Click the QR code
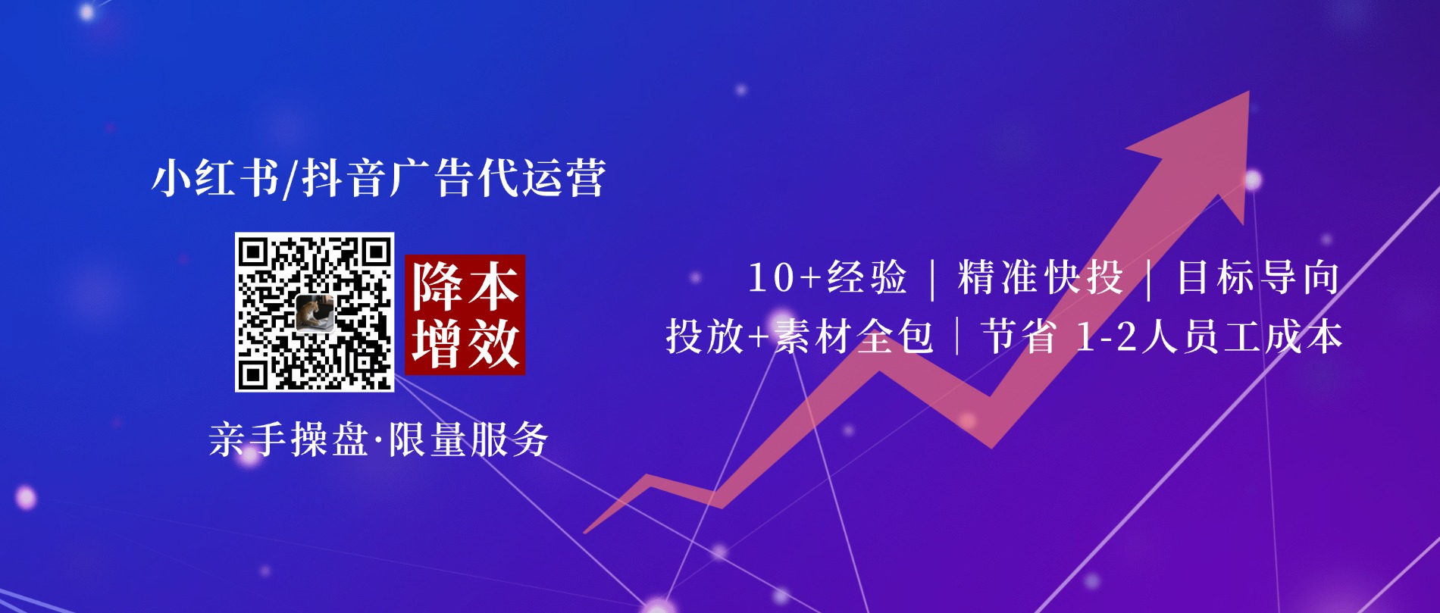coord(315,312)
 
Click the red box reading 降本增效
coord(465,314)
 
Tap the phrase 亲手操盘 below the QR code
coord(288,439)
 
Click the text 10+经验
coord(827,277)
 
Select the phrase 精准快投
coord(1040,277)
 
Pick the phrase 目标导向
coord(1258,277)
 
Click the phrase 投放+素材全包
coord(799,336)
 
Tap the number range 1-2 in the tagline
coord(1107,336)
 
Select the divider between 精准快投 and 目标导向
coord(1150,279)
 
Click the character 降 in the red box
coord(437,286)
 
